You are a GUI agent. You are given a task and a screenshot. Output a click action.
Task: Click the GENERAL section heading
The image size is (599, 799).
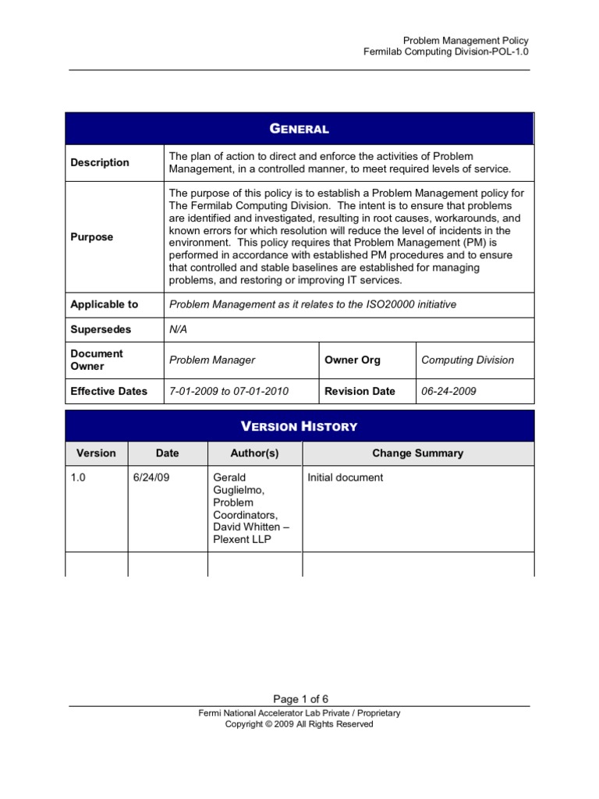(x=299, y=129)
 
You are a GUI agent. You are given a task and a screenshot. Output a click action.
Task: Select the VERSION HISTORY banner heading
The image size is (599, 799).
(x=299, y=426)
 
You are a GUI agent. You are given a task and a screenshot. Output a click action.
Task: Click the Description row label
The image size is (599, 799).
(x=100, y=163)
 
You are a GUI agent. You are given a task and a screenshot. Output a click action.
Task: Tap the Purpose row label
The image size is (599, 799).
(x=92, y=237)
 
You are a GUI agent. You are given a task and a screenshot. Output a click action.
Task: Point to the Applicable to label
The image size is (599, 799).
(x=105, y=304)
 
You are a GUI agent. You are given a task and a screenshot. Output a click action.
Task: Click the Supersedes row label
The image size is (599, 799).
(x=101, y=329)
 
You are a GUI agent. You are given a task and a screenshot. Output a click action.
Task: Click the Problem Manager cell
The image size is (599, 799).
(x=212, y=360)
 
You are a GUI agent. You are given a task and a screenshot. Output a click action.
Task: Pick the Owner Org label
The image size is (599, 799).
(x=353, y=360)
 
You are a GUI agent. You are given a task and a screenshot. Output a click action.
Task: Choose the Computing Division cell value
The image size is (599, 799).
(x=468, y=360)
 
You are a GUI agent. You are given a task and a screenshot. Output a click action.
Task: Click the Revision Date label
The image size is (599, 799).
(x=360, y=392)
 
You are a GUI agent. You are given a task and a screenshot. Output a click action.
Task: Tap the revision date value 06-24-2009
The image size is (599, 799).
(x=449, y=392)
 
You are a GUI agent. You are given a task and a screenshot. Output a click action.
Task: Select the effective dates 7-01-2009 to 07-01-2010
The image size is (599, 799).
(x=229, y=392)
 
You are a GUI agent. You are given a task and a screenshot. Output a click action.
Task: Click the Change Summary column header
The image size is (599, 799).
(x=417, y=453)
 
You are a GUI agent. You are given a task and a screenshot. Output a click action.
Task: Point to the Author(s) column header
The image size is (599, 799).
(x=254, y=453)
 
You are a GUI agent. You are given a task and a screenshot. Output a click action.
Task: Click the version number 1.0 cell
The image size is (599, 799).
(x=79, y=478)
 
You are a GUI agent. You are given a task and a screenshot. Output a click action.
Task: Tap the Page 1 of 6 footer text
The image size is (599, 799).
(x=299, y=698)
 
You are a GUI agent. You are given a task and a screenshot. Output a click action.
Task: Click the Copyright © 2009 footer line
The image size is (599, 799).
(x=299, y=724)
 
